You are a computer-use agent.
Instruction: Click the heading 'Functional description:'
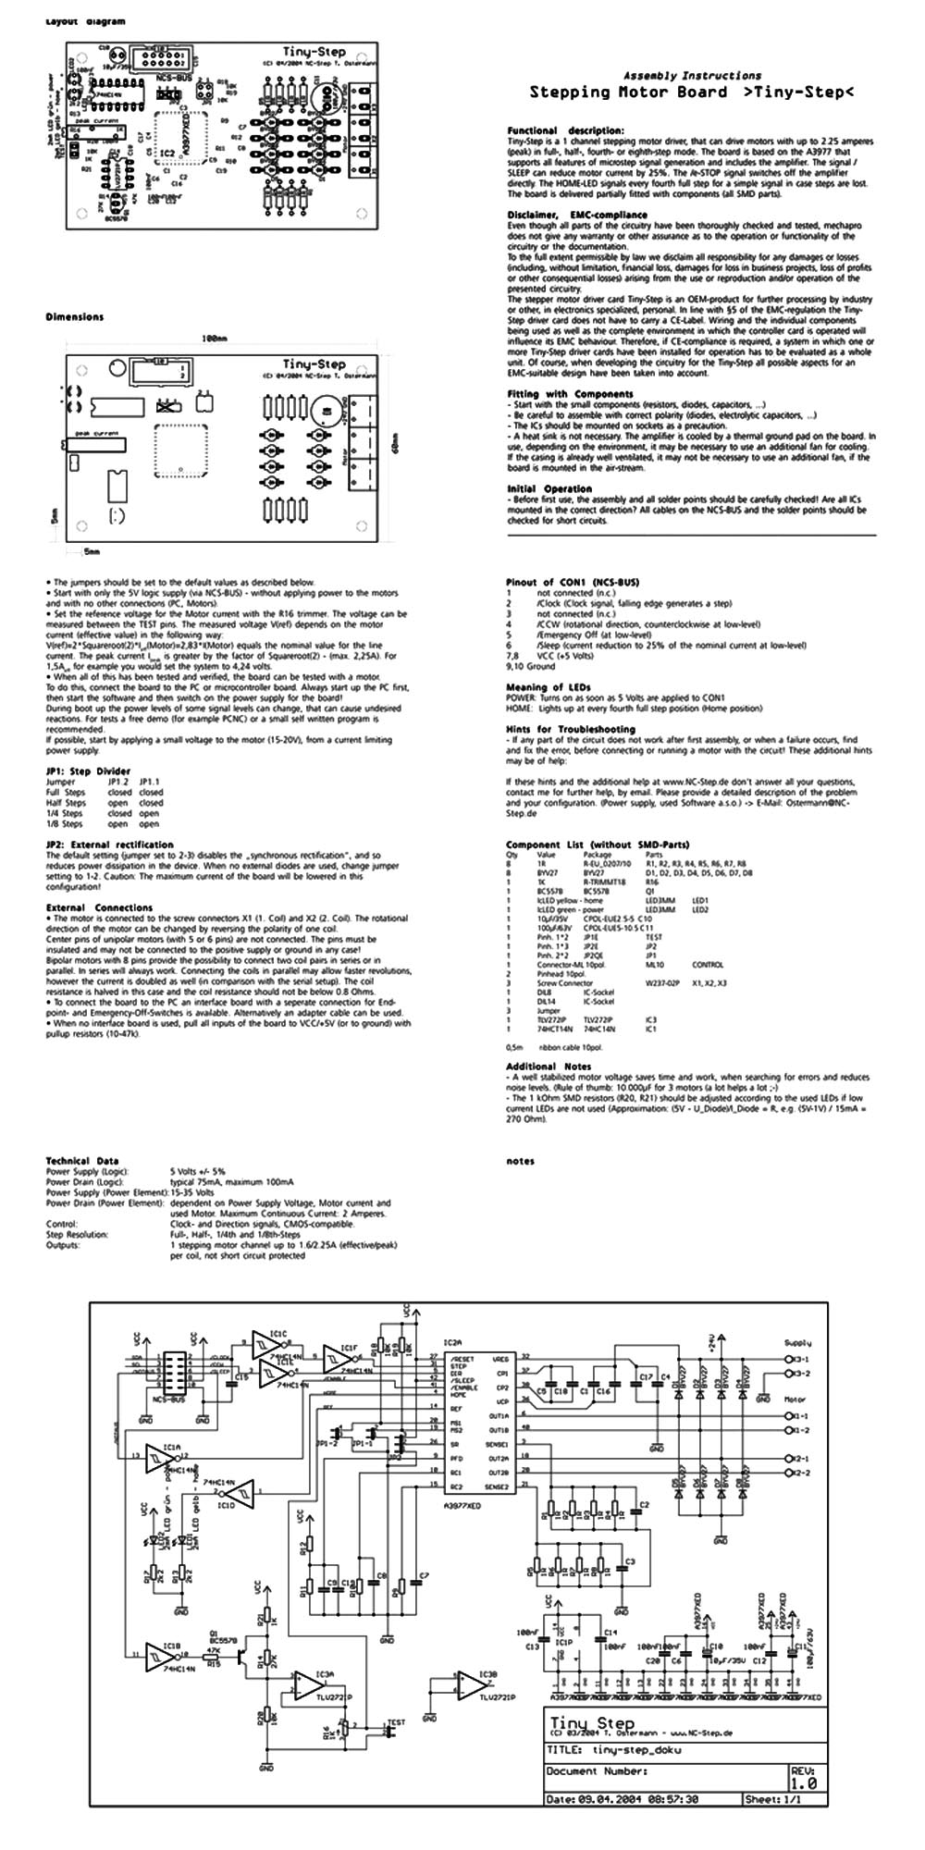[x=565, y=130]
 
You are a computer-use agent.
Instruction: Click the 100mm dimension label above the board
[x=216, y=339]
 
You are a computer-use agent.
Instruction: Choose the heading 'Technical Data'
[x=82, y=1161]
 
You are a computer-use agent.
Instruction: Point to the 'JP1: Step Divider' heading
[x=88, y=771]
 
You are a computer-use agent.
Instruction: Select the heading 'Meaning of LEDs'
[x=549, y=687]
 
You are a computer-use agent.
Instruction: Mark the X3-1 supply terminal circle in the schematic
[x=787, y=1359]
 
